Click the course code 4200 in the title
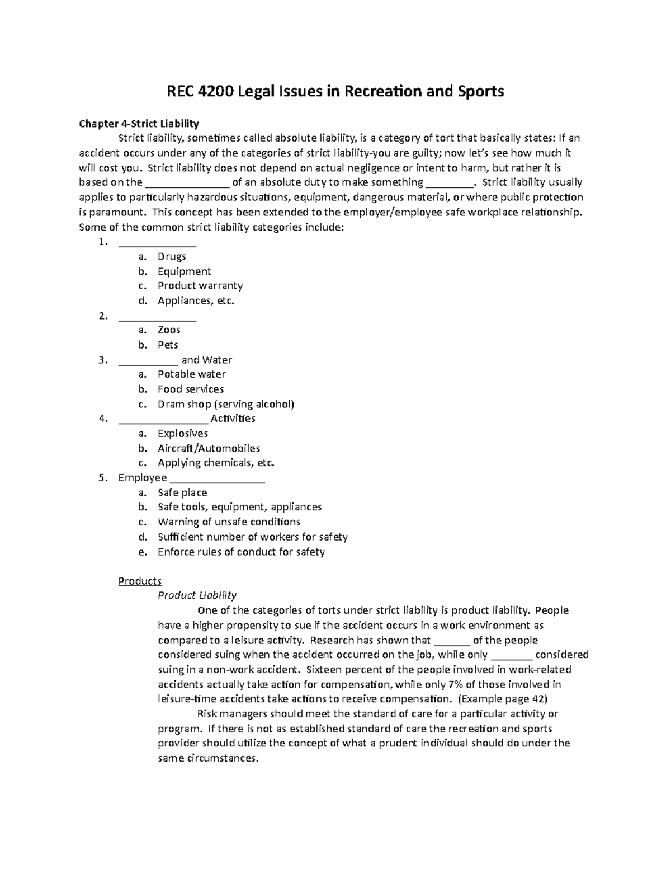(x=216, y=91)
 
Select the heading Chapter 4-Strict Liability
(x=139, y=123)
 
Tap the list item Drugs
(x=172, y=257)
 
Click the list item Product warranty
(x=200, y=286)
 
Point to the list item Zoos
(x=169, y=330)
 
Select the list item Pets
(x=168, y=345)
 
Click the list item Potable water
(x=191, y=374)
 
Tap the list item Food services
(x=190, y=389)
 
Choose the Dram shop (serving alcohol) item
(x=225, y=404)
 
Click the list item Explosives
(x=182, y=434)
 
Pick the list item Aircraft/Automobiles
(x=209, y=448)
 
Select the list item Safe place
(x=182, y=493)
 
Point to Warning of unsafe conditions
(x=229, y=522)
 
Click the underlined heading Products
(x=140, y=581)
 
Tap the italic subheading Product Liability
(x=197, y=595)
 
